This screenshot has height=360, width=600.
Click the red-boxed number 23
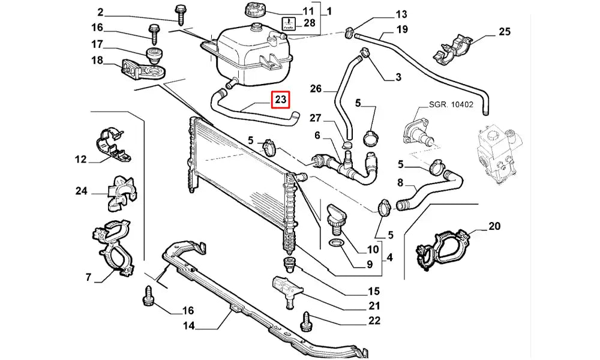tap(281, 100)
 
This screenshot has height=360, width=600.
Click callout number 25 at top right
tap(505, 32)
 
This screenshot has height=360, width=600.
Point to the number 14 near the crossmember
tap(189, 326)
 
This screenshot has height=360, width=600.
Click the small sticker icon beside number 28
tap(289, 24)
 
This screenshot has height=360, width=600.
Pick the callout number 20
tap(494, 226)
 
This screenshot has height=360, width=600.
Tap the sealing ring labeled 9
tap(337, 244)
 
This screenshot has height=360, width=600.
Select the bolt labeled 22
tap(308, 319)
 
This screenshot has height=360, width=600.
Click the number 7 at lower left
tap(88, 277)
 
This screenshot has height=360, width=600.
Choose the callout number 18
tap(97, 60)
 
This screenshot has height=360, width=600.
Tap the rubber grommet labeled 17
tap(154, 58)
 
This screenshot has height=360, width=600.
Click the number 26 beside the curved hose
tap(316, 89)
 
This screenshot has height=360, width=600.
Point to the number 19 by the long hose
tap(401, 29)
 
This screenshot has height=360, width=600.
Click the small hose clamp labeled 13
tap(349, 33)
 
